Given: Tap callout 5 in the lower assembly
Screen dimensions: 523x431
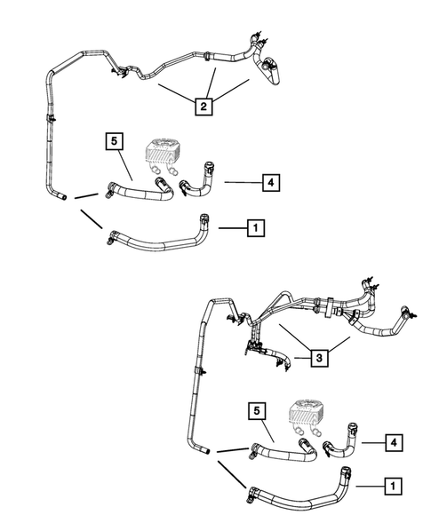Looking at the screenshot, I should coord(254,411).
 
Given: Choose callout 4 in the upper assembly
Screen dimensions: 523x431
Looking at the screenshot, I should coord(271,183).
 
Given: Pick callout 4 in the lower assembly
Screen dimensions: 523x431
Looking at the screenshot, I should coord(392,440).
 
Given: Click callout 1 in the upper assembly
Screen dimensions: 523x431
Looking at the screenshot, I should coord(256,228).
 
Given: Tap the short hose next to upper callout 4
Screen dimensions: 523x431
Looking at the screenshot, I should coord(197,186).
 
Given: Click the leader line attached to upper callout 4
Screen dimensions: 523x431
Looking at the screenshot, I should coord(242,183).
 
